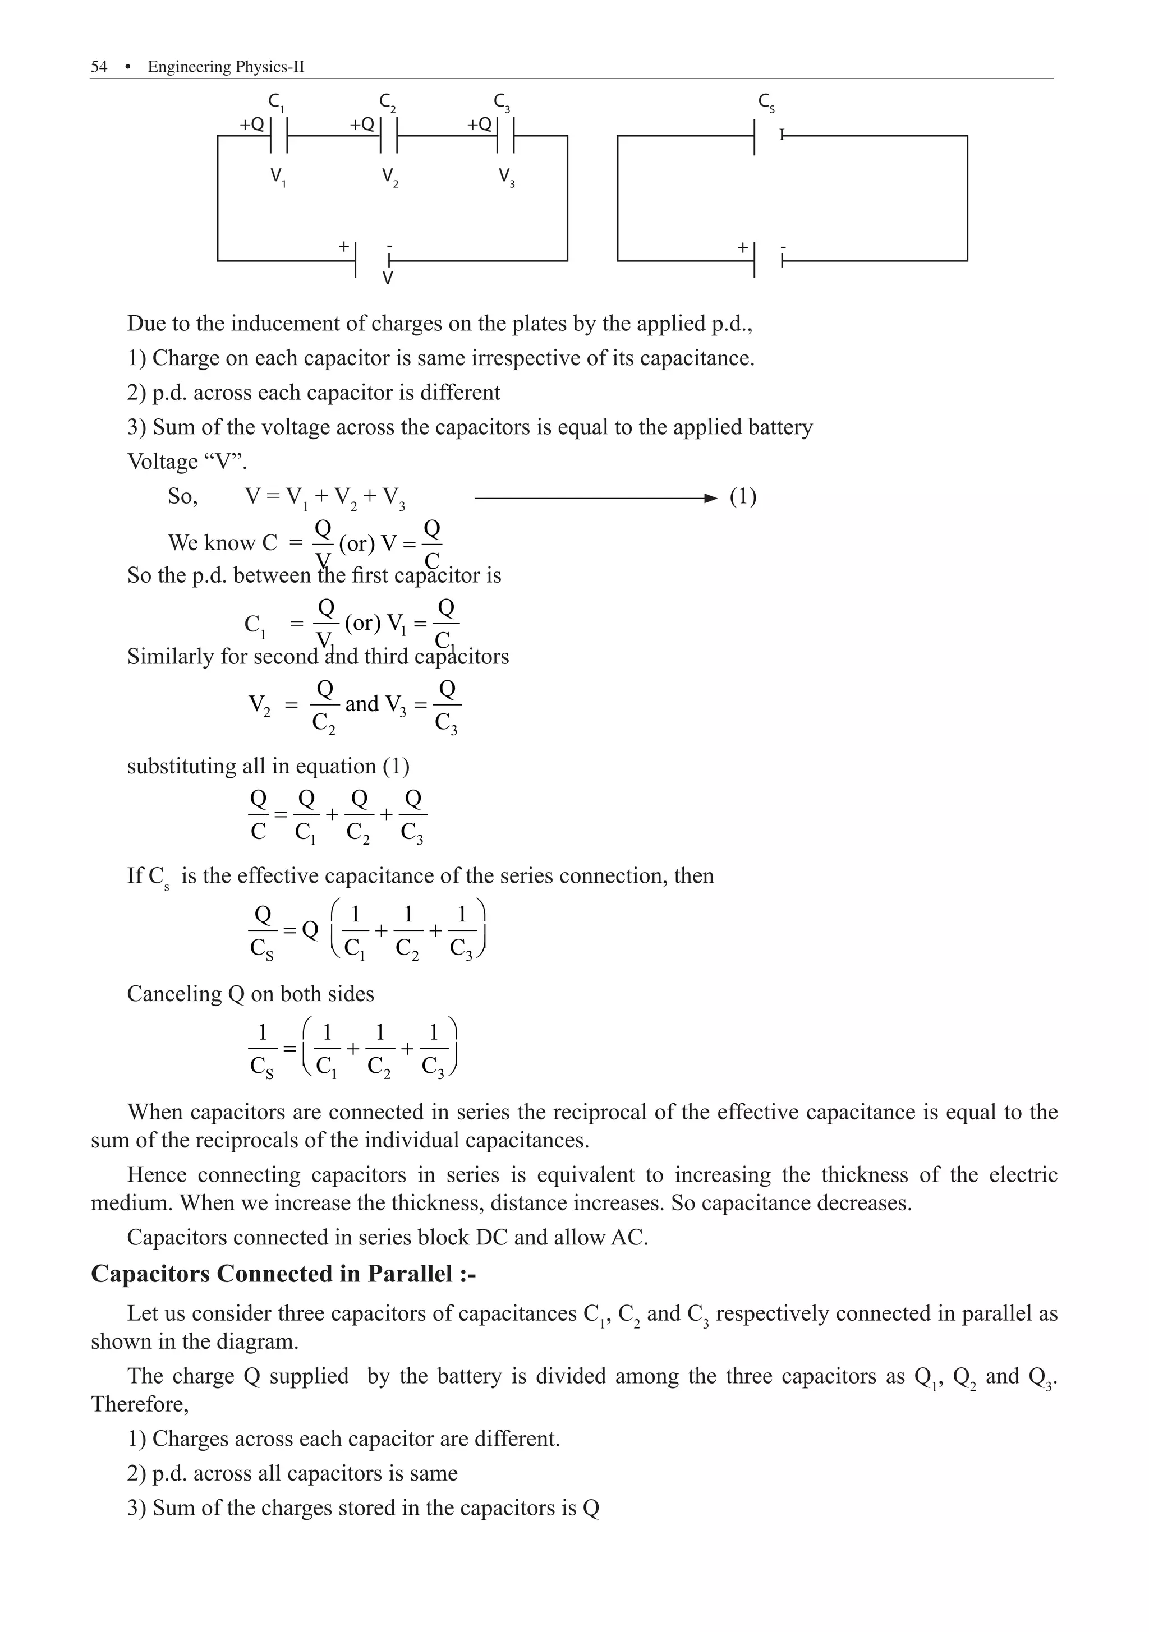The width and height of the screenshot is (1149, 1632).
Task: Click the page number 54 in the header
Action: coord(99,67)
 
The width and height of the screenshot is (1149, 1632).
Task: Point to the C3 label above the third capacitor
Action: coord(502,102)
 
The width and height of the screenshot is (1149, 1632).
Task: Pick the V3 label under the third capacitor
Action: coord(506,176)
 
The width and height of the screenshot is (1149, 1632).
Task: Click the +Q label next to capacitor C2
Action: coord(362,125)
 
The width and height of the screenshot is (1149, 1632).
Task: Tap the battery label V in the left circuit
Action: coord(388,279)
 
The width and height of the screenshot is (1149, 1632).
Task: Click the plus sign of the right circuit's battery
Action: coord(742,247)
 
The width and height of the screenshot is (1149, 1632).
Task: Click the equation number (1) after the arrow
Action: coord(743,496)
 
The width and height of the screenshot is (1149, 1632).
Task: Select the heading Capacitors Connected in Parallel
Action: coord(283,1273)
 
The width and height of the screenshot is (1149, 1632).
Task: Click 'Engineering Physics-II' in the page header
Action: coord(226,67)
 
